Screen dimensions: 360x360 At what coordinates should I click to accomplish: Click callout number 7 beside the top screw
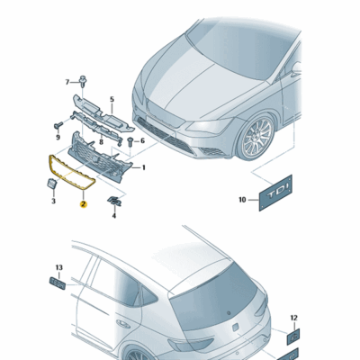[x=67, y=82]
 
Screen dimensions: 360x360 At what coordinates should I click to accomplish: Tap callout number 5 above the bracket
[x=112, y=99]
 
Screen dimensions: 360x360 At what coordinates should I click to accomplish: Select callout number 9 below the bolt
[x=58, y=137]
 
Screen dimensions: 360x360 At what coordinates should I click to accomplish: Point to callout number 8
[x=101, y=141]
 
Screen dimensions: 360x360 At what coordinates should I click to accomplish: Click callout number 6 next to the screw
[x=142, y=140]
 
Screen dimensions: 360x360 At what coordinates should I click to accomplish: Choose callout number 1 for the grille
[x=144, y=167]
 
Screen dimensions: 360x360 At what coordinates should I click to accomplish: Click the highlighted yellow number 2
[x=83, y=204]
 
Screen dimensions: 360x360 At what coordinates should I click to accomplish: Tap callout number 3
[x=53, y=201]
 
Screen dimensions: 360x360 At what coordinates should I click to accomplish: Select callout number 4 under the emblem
[x=114, y=215]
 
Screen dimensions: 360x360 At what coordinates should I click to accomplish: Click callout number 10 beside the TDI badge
[x=243, y=200]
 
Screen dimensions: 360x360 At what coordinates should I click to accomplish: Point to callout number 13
[x=59, y=267]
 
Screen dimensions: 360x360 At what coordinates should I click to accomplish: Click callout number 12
[x=294, y=318]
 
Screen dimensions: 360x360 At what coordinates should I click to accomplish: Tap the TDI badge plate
[x=275, y=193]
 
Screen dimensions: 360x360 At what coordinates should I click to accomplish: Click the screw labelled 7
[x=82, y=81]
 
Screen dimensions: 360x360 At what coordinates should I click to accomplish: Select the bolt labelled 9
[x=58, y=125]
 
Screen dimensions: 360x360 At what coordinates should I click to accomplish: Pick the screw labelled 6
[x=130, y=141]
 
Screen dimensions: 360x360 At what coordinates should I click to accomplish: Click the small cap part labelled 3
[x=51, y=184]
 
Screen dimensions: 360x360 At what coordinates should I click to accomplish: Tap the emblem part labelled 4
[x=114, y=201]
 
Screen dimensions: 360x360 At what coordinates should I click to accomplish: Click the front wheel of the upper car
[x=256, y=137]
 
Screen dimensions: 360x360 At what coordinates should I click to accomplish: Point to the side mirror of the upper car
[x=296, y=69]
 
